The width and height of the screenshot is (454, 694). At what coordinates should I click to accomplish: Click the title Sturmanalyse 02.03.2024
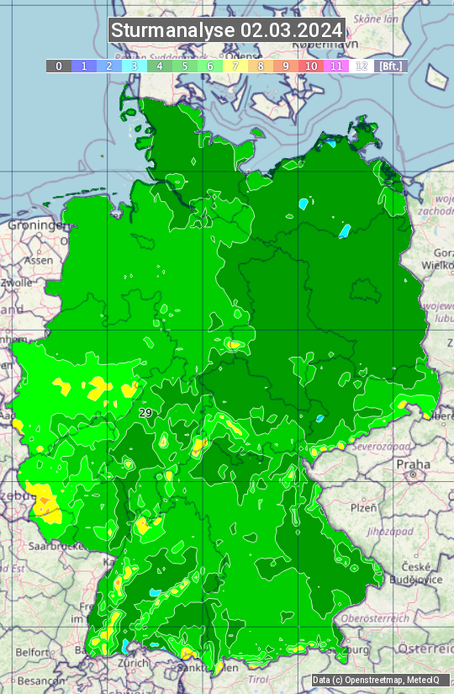(227, 31)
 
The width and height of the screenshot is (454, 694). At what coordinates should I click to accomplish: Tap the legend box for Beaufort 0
(58, 66)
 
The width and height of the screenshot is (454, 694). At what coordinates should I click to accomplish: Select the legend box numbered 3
(135, 66)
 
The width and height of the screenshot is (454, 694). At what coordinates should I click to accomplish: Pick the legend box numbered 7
(235, 66)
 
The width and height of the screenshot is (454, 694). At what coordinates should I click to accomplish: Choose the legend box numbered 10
(311, 66)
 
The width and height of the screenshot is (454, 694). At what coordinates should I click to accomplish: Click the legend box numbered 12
(362, 66)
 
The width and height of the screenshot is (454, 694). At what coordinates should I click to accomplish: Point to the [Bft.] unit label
(391, 66)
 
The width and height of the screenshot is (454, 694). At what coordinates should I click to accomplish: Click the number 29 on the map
(145, 413)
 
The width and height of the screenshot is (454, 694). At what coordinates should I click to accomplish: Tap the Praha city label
(414, 464)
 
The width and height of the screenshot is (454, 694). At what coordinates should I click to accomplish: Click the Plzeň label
(363, 507)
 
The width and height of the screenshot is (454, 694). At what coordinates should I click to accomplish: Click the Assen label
(38, 261)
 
